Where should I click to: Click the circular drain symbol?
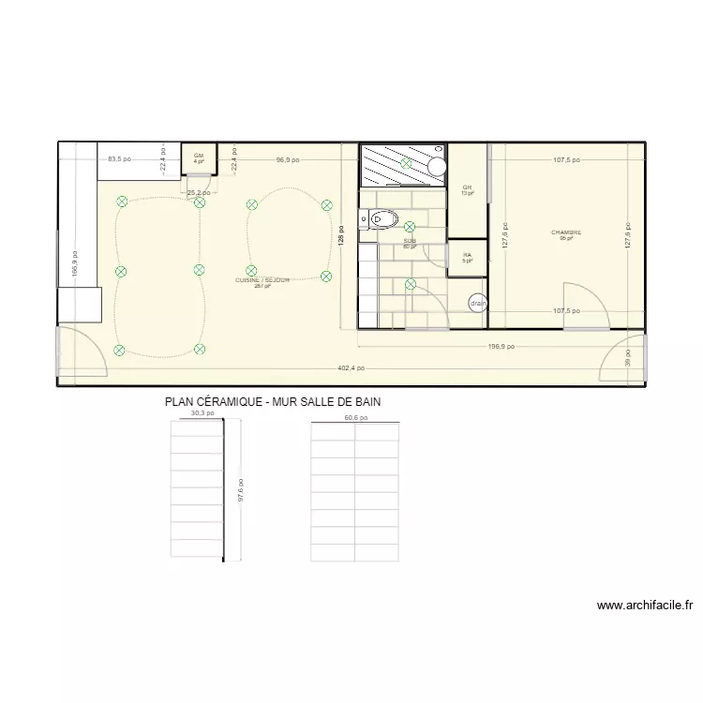[x=478, y=303]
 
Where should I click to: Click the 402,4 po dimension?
[x=352, y=369]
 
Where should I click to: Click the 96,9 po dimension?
[x=288, y=159]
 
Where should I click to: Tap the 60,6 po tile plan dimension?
[x=355, y=418]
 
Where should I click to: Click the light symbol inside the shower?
[x=406, y=163]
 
